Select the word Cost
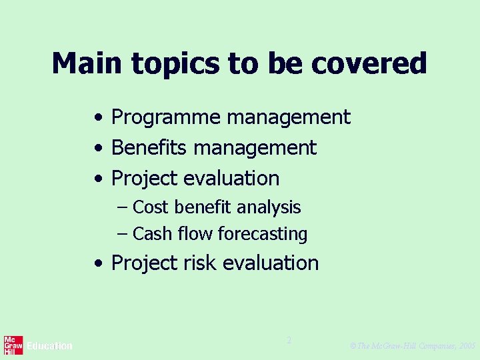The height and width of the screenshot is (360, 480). tap(150, 207)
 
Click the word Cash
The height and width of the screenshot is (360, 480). tap(151, 234)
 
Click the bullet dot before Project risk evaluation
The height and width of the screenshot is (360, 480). tap(98, 264)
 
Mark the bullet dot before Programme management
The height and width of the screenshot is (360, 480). tap(98, 119)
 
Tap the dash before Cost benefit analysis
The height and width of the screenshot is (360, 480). tap(121, 207)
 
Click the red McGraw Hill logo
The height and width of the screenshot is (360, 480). tap(13, 345)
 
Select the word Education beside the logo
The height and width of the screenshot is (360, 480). tap(50, 346)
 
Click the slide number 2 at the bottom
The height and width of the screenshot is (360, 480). tap(289, 340)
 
